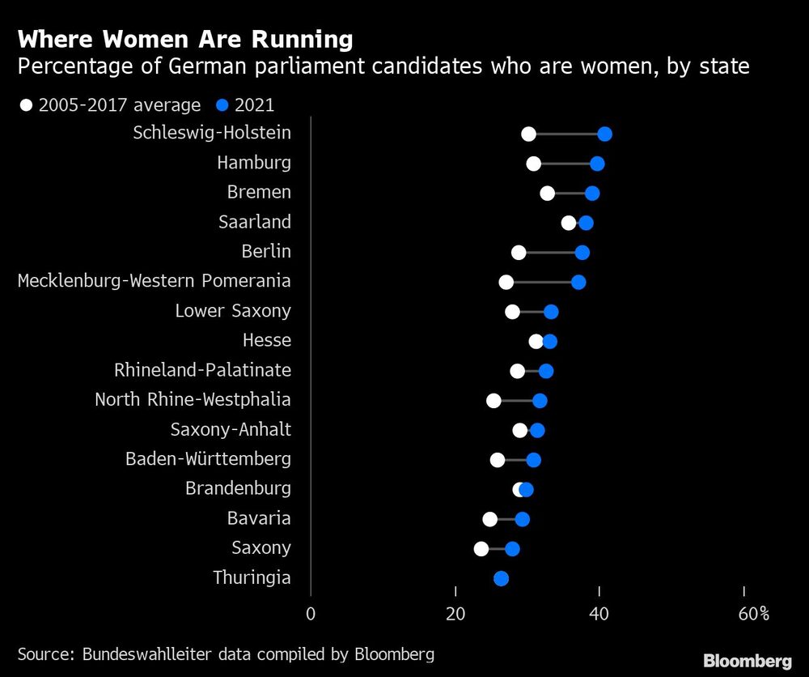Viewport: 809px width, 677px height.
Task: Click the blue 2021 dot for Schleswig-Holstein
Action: click(604, 134)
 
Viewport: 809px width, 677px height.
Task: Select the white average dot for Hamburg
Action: click(533, 164)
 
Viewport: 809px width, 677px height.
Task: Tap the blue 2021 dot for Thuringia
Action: click(501, 578)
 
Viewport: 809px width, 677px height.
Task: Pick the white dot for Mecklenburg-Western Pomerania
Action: click(506, 282)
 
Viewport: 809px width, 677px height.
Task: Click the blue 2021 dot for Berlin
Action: click(582, 253)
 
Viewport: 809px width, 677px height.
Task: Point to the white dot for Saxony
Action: click(481, 548)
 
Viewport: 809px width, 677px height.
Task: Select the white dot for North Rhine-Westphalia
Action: click(493, 401)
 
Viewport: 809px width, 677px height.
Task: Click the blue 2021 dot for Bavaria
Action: click(523, 519)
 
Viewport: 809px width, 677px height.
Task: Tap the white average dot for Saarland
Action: click(569, 223)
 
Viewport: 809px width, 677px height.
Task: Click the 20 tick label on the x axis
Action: click(455, 614)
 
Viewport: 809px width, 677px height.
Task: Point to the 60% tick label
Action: click(752, 614)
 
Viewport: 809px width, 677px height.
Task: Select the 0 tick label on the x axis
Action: click(311, 614)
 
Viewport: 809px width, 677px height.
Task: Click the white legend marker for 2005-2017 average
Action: click(27, 104)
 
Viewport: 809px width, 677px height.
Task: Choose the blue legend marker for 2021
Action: click(222, 104)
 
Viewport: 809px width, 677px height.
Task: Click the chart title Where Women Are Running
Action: click(185, 39)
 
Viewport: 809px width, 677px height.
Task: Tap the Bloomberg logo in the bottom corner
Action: click(748, 660)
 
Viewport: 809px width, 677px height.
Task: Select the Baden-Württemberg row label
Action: click(208, 459)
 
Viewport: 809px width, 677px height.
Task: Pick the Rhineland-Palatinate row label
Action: click(202, 371)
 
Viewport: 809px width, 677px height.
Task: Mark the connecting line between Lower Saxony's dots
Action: click(532, 312)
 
